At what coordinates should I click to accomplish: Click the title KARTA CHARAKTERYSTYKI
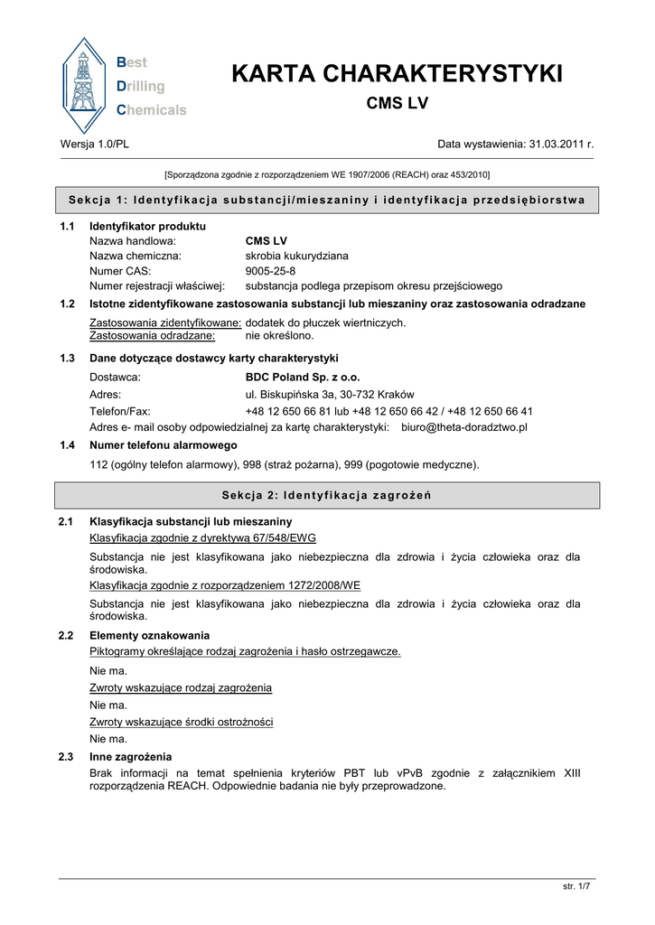point(397,74)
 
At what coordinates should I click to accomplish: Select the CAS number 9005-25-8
point(270,270)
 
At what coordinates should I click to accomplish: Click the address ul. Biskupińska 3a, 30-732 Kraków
point(330,394)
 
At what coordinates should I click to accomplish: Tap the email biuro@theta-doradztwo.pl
point(463,426)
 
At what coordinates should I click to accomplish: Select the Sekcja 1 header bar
point(327,200)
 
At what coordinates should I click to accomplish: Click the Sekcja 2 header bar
point(327,495)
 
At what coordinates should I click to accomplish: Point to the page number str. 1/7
point(576,886)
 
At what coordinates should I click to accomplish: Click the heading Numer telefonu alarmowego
point(164,445)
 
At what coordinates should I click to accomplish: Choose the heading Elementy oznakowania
point(149,635)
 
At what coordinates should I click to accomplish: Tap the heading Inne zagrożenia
point(131,756)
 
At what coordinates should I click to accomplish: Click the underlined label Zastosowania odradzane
point(152,336)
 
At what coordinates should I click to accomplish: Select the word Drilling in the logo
point(141,87)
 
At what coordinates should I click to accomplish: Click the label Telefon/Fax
point(120,410)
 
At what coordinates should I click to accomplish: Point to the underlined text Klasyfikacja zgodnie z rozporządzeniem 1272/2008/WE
point(225,585)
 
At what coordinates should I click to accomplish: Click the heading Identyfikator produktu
point(147,225)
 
